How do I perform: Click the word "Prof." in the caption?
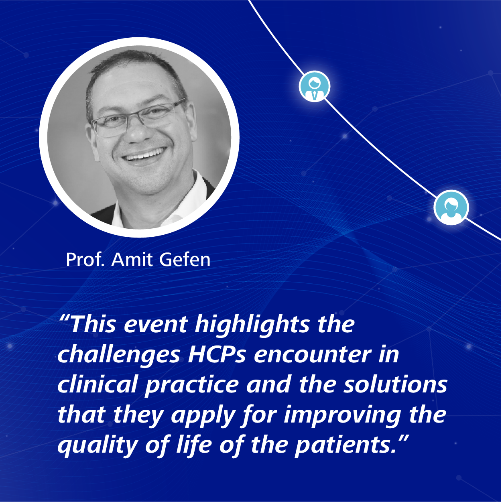point(85,260)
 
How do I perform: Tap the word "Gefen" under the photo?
point(185,260)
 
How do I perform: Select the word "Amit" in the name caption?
point(132,260)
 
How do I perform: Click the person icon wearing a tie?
point(315,86)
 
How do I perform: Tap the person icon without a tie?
point(451,207)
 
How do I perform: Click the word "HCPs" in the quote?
point(217,354)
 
